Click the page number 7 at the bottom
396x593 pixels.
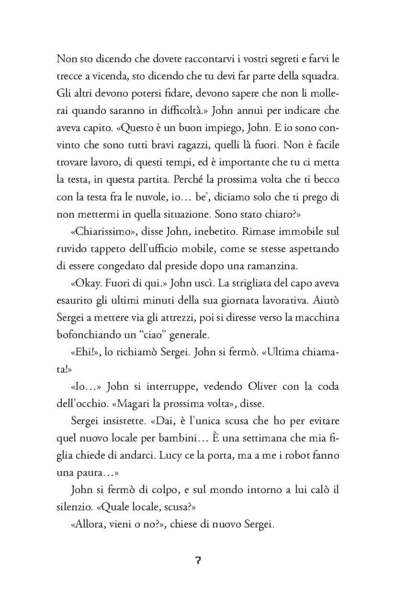pyautogui.click(x=198, y=561)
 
